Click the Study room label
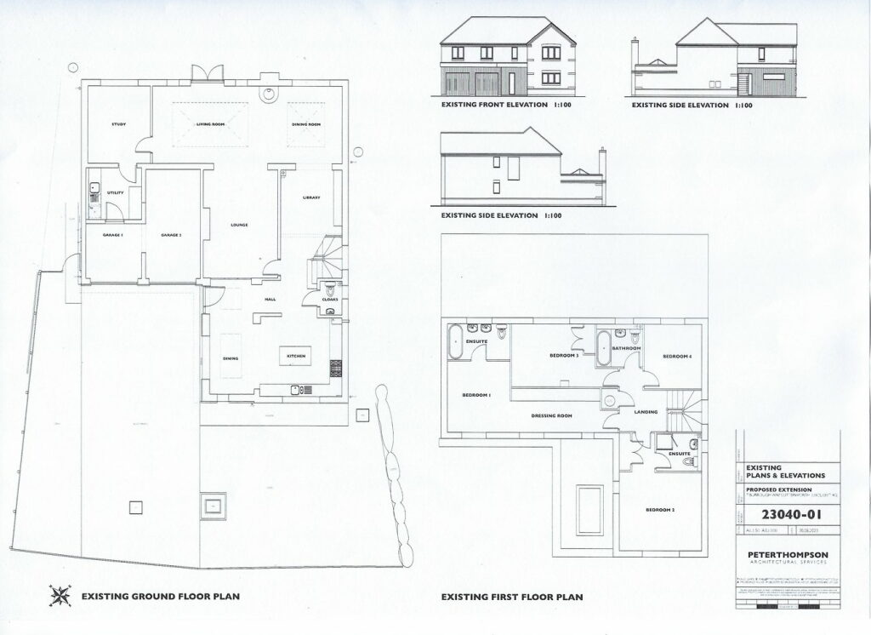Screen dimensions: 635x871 (x=119, y=125)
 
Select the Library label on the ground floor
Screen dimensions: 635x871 (x=310, y=198)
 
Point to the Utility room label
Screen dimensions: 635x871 (x=116, y=192)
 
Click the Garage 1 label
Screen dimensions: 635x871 (x=113, y=234)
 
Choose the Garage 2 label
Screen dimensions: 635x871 (x=172, y=234)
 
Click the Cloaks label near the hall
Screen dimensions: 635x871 (x=330, y=300)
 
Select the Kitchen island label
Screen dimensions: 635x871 (x=295, y=354)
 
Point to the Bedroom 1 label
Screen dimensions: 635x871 (x=476, y=396)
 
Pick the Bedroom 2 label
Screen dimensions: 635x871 (x=660, y=509)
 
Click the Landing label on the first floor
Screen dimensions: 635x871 (x=646, y=412)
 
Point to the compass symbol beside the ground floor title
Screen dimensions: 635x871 (x=60, y=595)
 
